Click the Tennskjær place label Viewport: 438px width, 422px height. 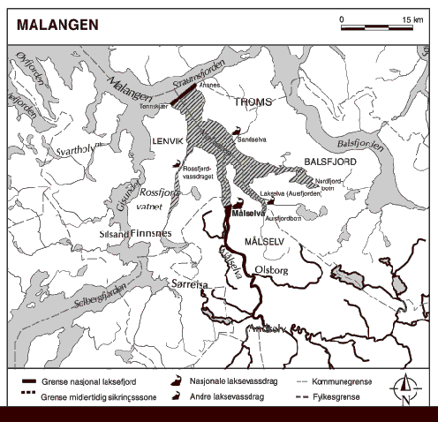coord(154,105)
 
